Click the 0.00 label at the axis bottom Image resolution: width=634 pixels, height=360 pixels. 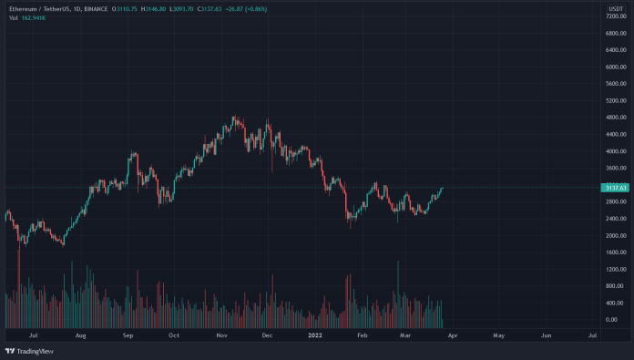click(612, 320)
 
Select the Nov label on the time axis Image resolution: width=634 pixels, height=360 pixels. click(220, 335)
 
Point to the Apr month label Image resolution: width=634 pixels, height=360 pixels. click(451, 335)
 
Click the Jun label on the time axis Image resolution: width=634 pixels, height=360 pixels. click(546, 335)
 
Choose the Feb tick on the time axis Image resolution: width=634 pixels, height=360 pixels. click(362, 335)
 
